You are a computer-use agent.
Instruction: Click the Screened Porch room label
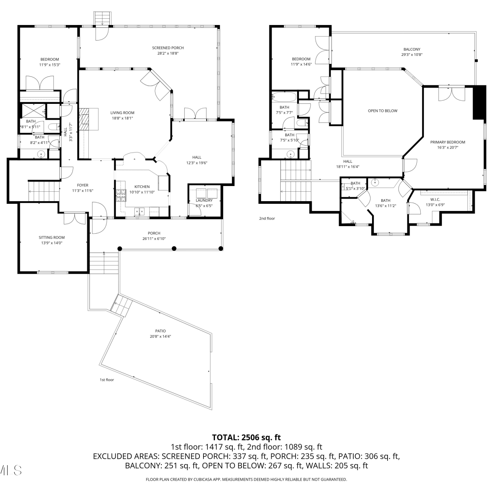pos(168,48)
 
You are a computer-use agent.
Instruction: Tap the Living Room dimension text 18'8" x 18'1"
pos(122,118)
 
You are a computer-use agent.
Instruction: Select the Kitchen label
pos(142,187)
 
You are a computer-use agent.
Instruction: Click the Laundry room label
pos(204,200)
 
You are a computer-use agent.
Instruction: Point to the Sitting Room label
pos(52,237)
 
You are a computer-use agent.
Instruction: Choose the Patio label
pos(161,331)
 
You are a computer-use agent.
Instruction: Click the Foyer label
pos(83,185)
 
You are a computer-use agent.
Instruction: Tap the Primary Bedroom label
pos(448,142)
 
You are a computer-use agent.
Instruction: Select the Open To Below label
pos(383,111)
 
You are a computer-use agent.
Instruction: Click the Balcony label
pos(412,49)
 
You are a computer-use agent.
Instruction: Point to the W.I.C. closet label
pos(435,200)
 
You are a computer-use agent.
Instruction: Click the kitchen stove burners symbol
pos(121,196)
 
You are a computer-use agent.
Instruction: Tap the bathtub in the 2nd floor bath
pos(285,97)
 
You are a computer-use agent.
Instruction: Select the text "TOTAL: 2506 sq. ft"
pos(246,437)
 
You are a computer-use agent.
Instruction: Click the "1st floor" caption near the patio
pos(107,380)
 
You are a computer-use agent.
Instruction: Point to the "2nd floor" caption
pos(267,219)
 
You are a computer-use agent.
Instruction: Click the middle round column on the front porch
pos(174,248)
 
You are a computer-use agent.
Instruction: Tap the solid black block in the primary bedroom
pos(479,103)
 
